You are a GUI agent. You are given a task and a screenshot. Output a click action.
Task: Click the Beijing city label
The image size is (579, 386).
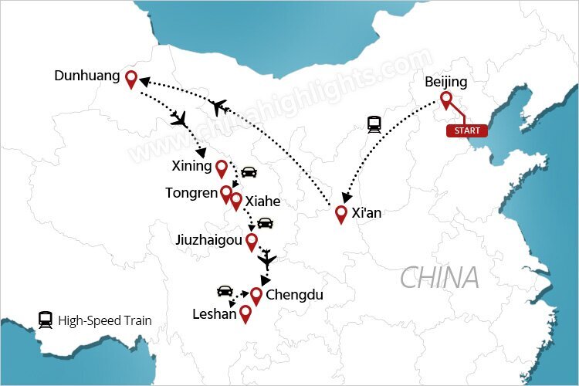(446, 82)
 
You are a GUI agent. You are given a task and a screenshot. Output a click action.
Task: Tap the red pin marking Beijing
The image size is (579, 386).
(446, 100)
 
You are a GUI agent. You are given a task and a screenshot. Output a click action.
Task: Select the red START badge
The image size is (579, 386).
(467, 130)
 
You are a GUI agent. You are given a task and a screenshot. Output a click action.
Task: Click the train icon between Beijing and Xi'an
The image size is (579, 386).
(375, 124)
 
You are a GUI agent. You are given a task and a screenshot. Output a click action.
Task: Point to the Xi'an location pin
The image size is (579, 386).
(341, 214)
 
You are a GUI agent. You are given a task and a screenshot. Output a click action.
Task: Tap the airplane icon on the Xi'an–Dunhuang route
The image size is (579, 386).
(218, 107)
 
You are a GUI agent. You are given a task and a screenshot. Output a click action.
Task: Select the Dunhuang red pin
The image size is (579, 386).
(131, 79)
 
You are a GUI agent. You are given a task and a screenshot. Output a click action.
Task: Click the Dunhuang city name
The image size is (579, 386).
(87, 76)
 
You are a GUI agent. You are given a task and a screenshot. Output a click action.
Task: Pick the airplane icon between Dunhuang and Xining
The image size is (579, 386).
(180, 119)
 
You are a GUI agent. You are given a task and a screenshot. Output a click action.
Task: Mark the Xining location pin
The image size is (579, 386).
(222, 168)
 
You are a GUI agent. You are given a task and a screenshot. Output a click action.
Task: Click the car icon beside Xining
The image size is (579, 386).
(249, 171)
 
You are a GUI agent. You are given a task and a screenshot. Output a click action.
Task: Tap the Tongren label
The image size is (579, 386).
(191, 192)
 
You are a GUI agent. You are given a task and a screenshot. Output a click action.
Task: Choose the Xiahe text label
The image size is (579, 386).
(262, 201)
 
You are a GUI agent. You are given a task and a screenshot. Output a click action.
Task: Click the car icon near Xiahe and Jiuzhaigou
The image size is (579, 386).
(265, 223)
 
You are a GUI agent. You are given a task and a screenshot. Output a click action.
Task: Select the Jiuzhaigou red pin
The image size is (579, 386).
(251, 242)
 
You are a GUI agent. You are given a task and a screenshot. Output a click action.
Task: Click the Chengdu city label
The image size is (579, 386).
(294, 294)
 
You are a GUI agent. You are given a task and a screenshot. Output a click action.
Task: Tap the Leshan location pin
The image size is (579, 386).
(245, 313)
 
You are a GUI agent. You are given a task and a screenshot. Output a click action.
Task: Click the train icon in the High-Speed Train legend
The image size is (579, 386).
(46, 320)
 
